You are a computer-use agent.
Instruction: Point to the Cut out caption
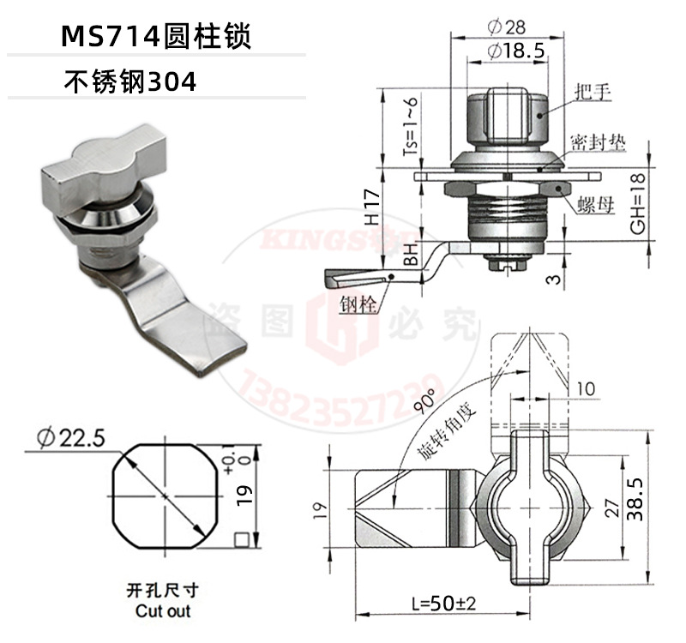point(163,611)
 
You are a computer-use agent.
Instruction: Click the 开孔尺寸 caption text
point(162,592)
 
